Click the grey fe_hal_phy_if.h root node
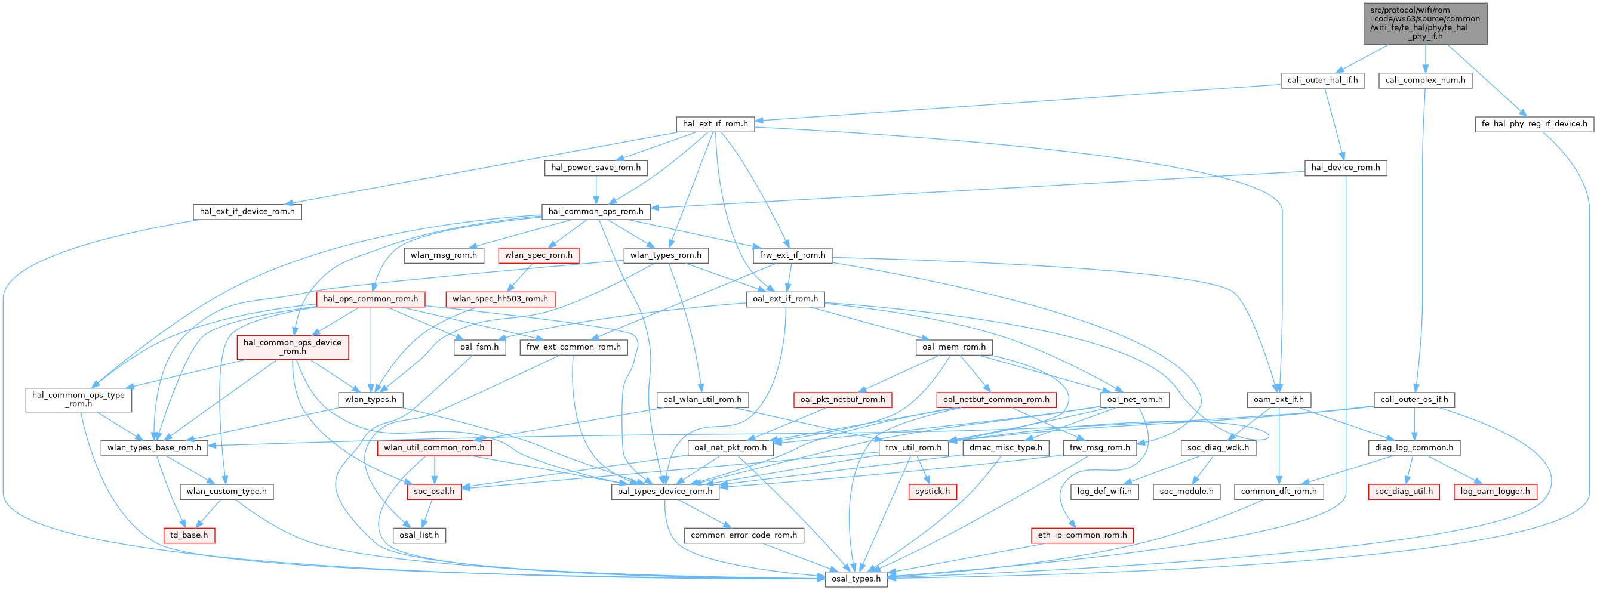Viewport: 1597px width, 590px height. pos(1425,23)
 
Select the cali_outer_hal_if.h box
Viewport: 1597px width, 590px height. pos(1322,80)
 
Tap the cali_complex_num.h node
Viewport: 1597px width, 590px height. pos(1424,80)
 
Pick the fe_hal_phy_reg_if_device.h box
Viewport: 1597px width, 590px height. pos(1534,124)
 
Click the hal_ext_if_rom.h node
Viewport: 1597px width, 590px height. pos(715,124)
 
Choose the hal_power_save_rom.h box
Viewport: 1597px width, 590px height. pos(596,168)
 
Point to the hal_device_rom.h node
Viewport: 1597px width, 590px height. pos(1345,168)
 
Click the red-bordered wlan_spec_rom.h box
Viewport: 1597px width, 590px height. pos(538,255)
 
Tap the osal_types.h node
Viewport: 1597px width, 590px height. pos(856,579)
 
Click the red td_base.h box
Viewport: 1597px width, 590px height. pos(189,535)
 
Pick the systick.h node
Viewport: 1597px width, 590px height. pos(933,492)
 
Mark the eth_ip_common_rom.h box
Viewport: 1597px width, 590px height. pos(1082,535)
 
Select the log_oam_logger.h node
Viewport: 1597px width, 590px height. pos(1497,492)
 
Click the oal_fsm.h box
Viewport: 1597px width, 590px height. pos(479,347)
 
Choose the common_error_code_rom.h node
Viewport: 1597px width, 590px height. pos(743,535)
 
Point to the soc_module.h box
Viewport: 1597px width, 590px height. pos(1187,492)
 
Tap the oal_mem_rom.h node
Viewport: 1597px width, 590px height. pos(953,347)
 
